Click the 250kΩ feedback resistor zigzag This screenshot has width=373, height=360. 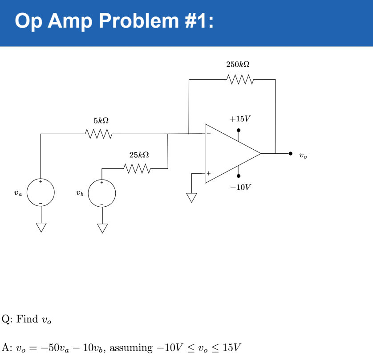[240, 80]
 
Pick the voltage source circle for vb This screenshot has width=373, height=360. [102, 193]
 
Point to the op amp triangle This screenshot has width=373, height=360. [229, 153]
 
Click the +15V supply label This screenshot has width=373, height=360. [240, 119]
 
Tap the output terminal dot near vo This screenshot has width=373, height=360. [290, 153]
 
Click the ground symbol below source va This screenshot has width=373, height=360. [41, 227]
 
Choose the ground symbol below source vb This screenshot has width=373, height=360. [102, 228]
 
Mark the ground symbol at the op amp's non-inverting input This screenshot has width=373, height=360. [192, 197]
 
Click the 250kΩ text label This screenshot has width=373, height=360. [238, 65]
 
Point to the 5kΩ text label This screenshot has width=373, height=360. [101, 121]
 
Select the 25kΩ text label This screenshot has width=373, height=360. [139, 155]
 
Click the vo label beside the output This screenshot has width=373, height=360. [303, 156]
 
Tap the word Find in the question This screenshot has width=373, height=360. [28, 319]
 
